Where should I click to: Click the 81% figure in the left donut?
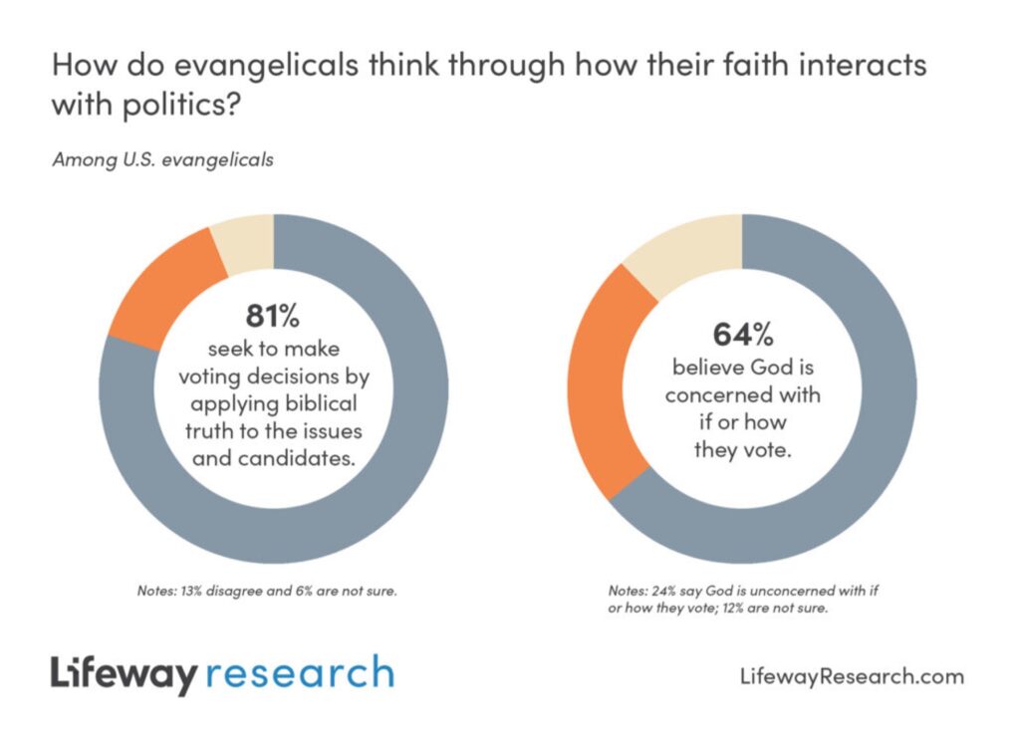point(272,317)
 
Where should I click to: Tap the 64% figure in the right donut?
point(742,333)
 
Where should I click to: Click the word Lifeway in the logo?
point(124,675)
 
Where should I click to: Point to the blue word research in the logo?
point(300,673)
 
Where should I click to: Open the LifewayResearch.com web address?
point(853,677)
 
